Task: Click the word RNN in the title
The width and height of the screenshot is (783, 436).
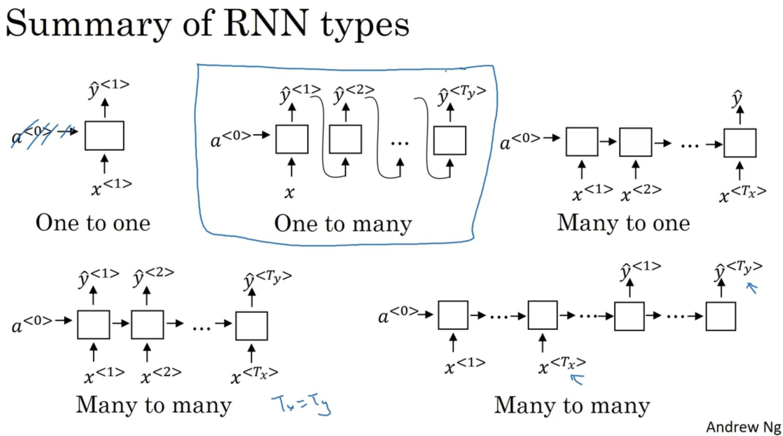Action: [265, 24]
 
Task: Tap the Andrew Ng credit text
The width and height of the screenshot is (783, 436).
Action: [743, 427]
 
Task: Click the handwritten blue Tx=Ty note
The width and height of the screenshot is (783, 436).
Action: [302, 406]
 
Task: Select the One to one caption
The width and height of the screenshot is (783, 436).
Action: [93, 223]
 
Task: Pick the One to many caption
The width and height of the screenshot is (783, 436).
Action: [343, 224]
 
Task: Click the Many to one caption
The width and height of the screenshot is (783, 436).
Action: [623, 223]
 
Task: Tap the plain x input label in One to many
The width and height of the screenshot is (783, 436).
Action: [289, 193]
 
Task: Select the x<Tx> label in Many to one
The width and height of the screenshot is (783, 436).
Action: [742, 194]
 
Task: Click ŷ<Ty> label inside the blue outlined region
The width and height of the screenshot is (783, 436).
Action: [462, 95]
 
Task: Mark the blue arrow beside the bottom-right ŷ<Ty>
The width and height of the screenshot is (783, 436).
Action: [752, 288]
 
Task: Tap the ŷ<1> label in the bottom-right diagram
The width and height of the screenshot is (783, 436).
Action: [641, 271]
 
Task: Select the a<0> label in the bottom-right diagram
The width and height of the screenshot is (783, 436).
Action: [399, 315]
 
